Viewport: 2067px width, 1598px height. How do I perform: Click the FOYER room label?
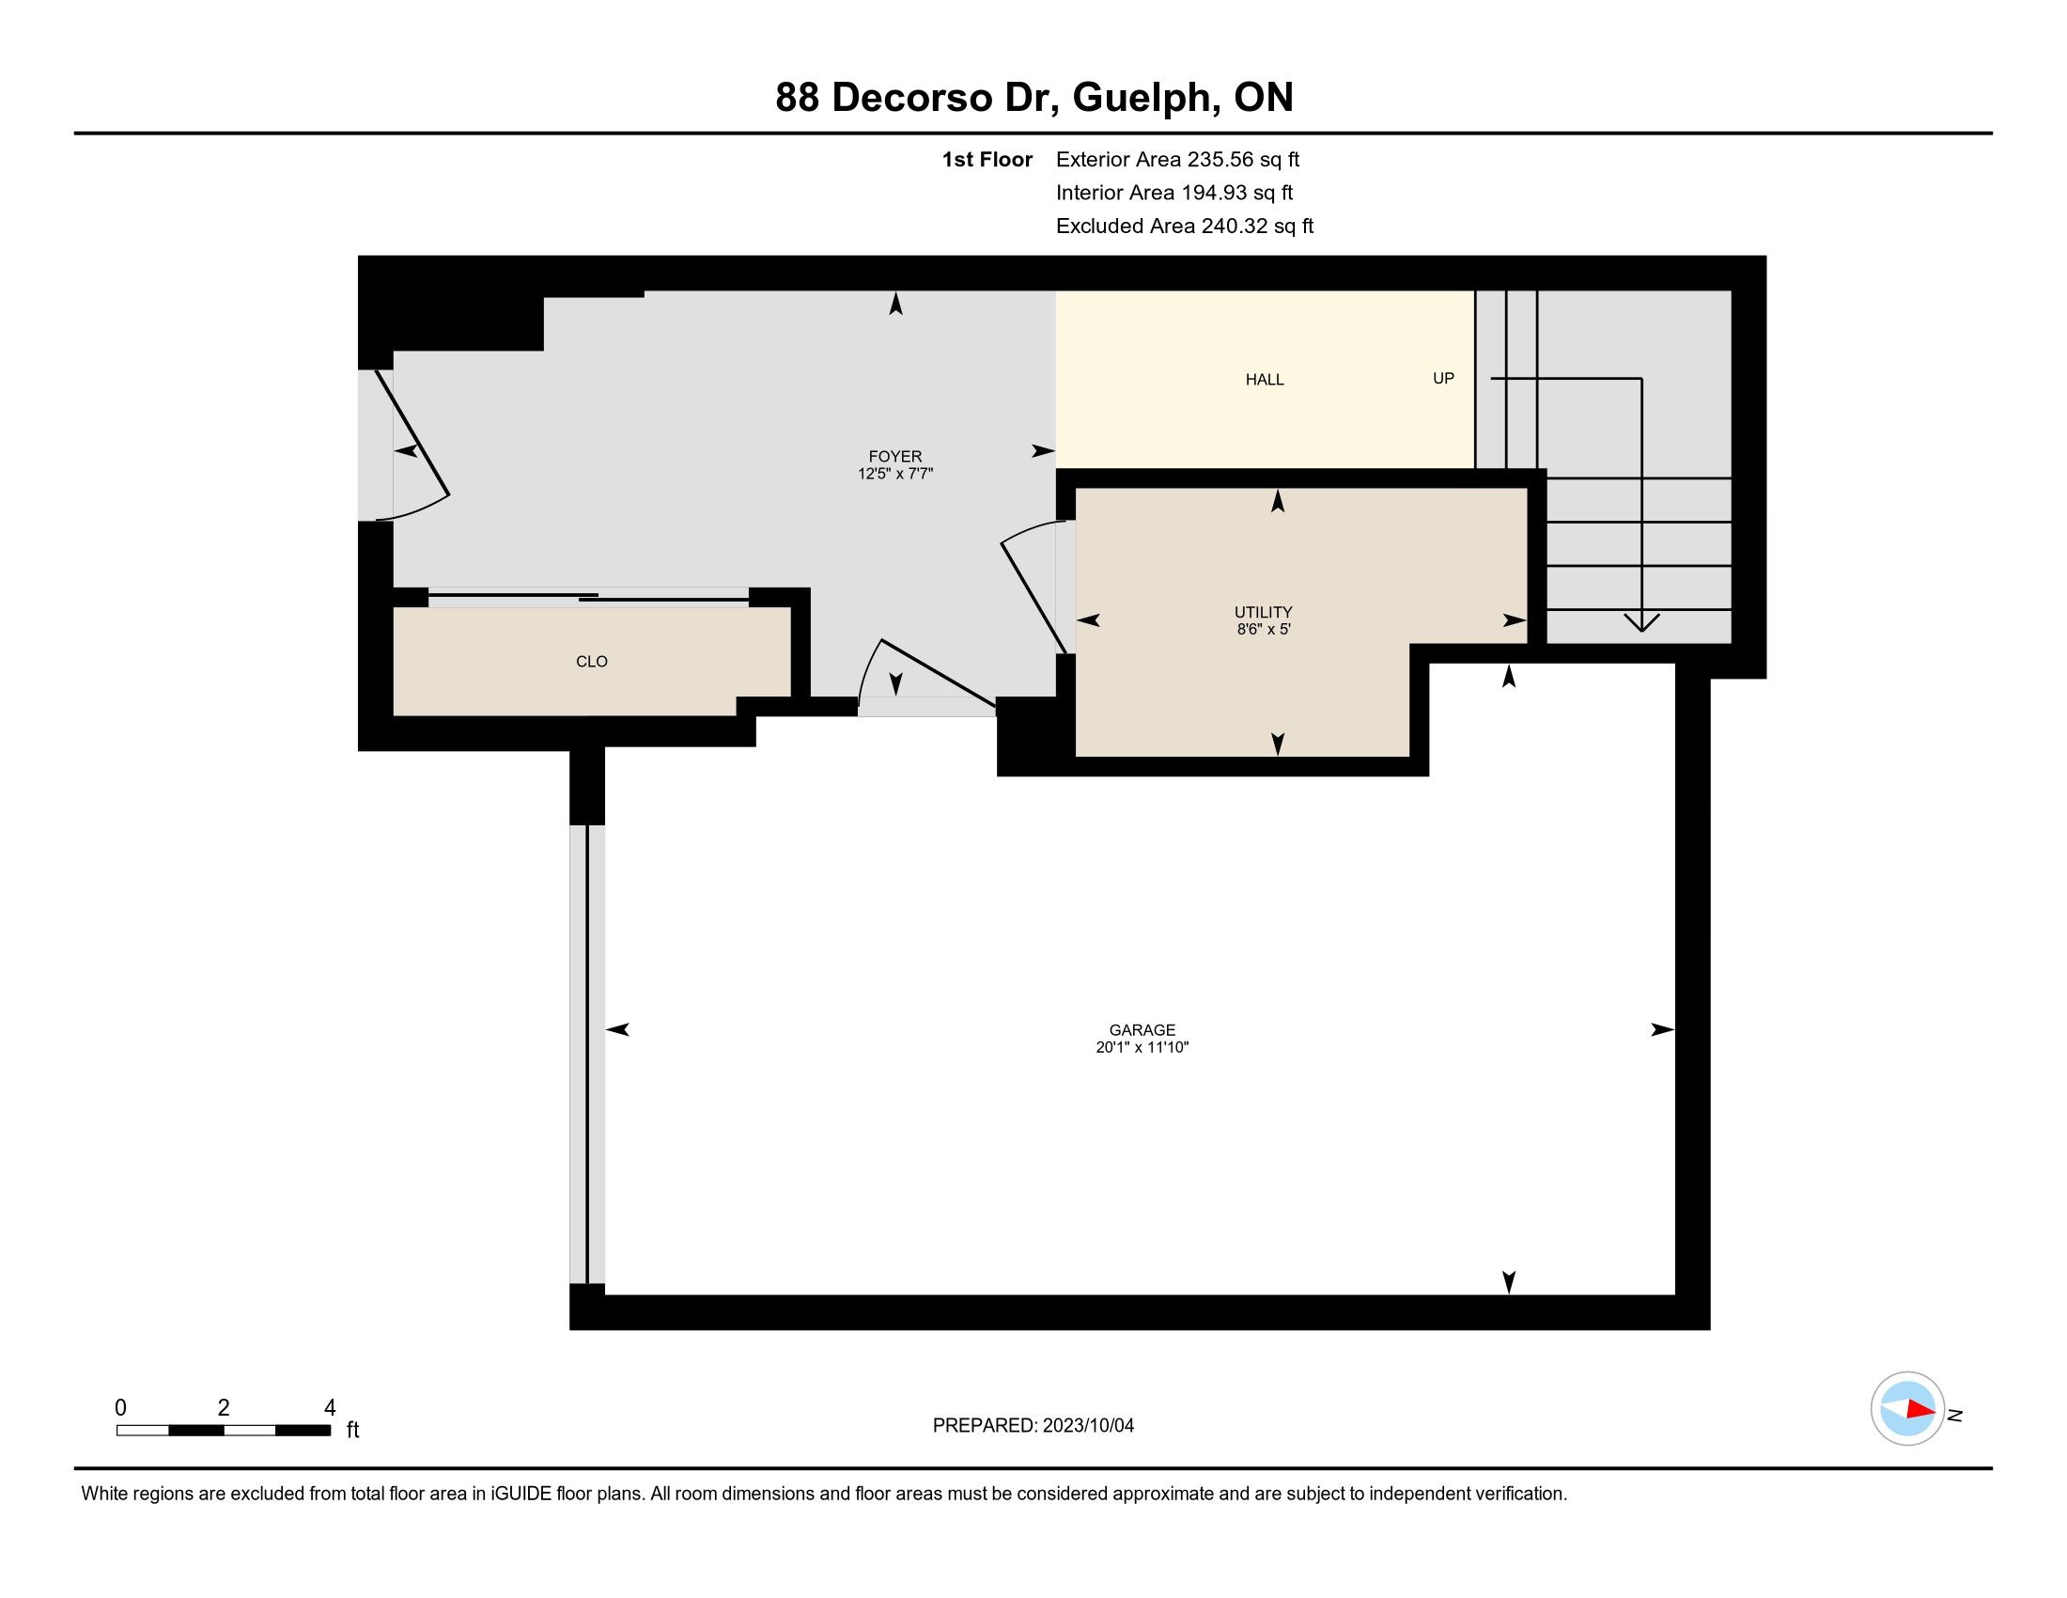(894, 456)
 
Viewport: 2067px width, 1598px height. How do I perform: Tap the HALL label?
(1265, 380)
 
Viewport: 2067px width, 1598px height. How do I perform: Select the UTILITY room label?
(1264, 613)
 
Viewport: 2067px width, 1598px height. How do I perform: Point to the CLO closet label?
(592, 662)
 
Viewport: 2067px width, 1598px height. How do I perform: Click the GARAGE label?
(1142, 1030)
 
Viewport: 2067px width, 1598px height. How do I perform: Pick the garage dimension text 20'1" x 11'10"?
(1142, 1047)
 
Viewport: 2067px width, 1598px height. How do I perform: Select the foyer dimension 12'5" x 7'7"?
(895, 474)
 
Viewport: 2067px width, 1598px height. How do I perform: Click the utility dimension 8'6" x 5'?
(1264, 630)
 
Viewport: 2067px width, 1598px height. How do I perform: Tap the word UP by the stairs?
(1443, 379)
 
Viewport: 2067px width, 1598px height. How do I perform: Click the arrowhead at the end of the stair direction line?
(1641, 623)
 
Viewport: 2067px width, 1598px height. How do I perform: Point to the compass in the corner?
(1907, 1409)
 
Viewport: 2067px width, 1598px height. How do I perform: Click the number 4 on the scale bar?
(330, 1408)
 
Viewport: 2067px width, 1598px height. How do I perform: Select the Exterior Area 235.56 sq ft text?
(1177, 160)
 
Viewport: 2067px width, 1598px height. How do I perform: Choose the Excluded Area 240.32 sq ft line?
(1185, 227)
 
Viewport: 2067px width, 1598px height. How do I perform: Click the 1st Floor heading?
(987, 160)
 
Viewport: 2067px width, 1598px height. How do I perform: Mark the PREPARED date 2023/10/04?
(1087, 1426)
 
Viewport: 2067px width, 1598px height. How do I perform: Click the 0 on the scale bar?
(121, 1408)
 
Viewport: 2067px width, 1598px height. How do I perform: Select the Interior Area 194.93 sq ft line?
(1174, 193)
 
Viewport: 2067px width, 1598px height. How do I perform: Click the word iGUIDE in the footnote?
(521, 1494)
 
